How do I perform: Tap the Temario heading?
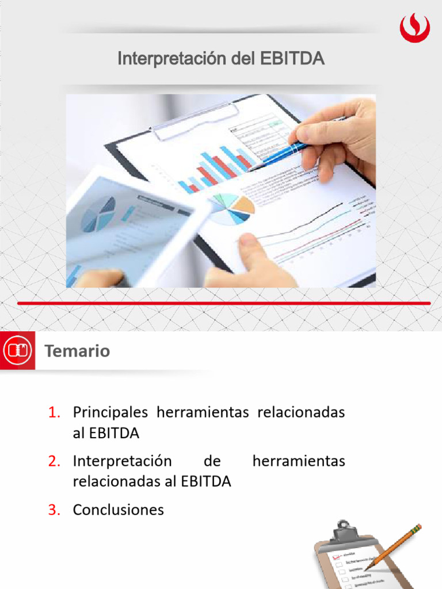click(77, 351)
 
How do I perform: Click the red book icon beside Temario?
click(18, 350)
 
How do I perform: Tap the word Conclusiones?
click(118, 510)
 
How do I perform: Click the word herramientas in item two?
click(299, 461)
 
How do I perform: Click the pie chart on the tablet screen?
click(99, 214)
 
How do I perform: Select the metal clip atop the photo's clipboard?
click(196, 118)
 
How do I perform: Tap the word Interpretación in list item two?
click(122, 461)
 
